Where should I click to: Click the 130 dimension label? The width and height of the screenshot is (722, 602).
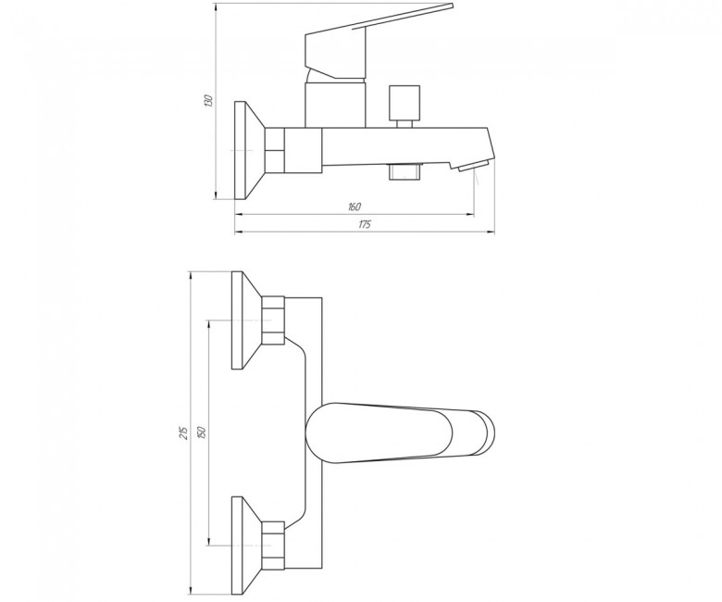pyautogui.click(x=208, y=101)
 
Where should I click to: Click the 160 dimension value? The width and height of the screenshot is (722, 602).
pyautogui.click(x=354, y=207)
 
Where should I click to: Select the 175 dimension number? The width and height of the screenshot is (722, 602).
pyautogui.click(x=364, y=225)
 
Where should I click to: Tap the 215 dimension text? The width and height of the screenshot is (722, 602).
pyautogui.click(x=183, y=432)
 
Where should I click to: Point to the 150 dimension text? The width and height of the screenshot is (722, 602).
pyautogui.click(x=202, y=432)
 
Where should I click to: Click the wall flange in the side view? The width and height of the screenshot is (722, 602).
pyautogui.click(x=249, y=150)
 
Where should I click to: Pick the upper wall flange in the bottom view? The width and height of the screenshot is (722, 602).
pyautogui.click(x=247, y=320)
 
